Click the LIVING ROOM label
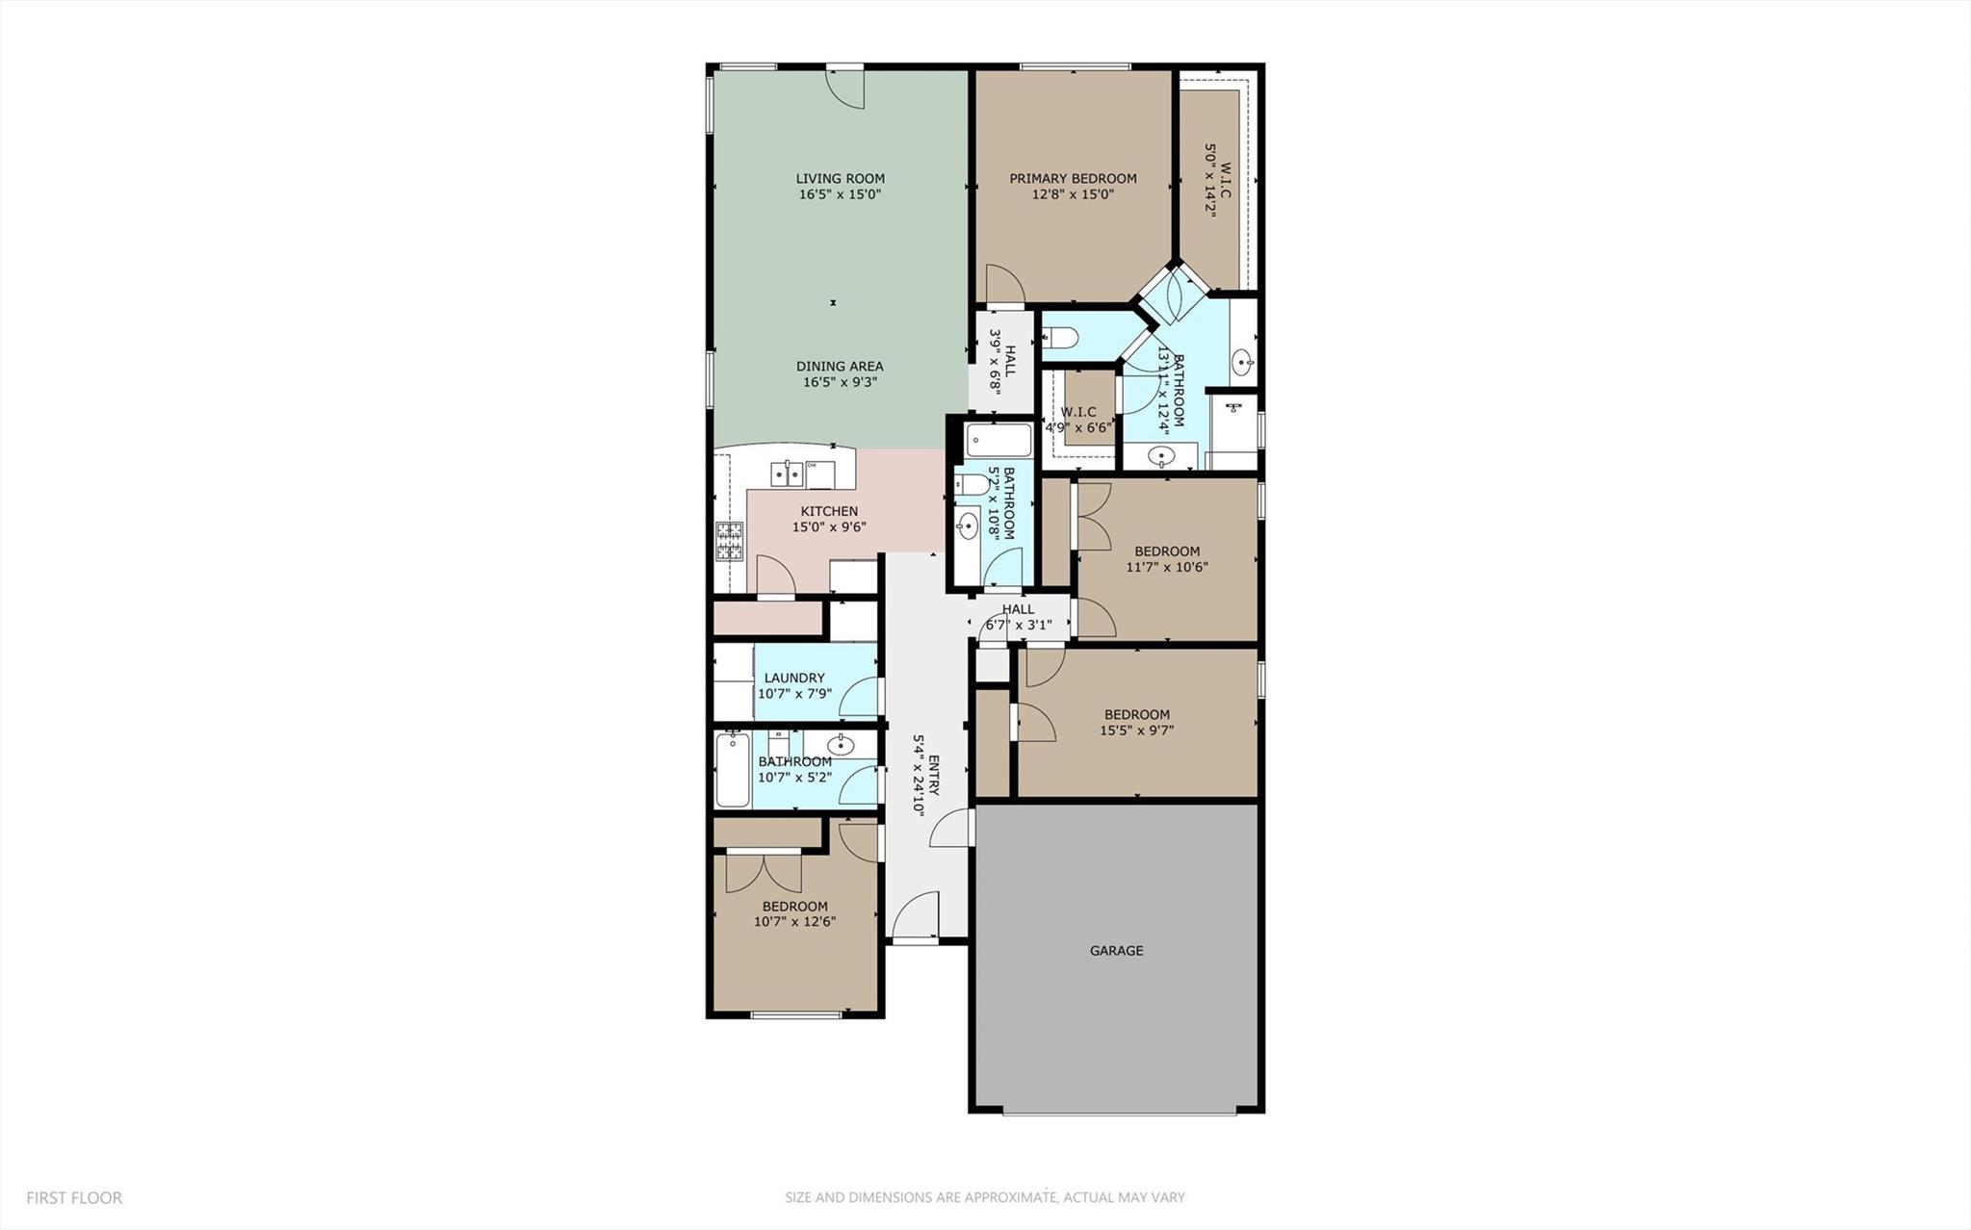840,178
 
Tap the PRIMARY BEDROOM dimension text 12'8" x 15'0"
1073,194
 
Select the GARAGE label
1116,951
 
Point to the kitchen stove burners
729,541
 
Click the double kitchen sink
787,474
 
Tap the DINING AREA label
840,366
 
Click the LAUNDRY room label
794,678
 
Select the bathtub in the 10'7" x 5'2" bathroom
733,770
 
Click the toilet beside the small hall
1057,338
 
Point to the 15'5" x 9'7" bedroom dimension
1136,730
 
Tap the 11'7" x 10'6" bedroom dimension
1166,567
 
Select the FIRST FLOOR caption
74,1198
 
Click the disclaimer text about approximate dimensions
984,1198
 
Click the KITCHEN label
829,511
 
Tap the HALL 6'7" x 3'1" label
1018,617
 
